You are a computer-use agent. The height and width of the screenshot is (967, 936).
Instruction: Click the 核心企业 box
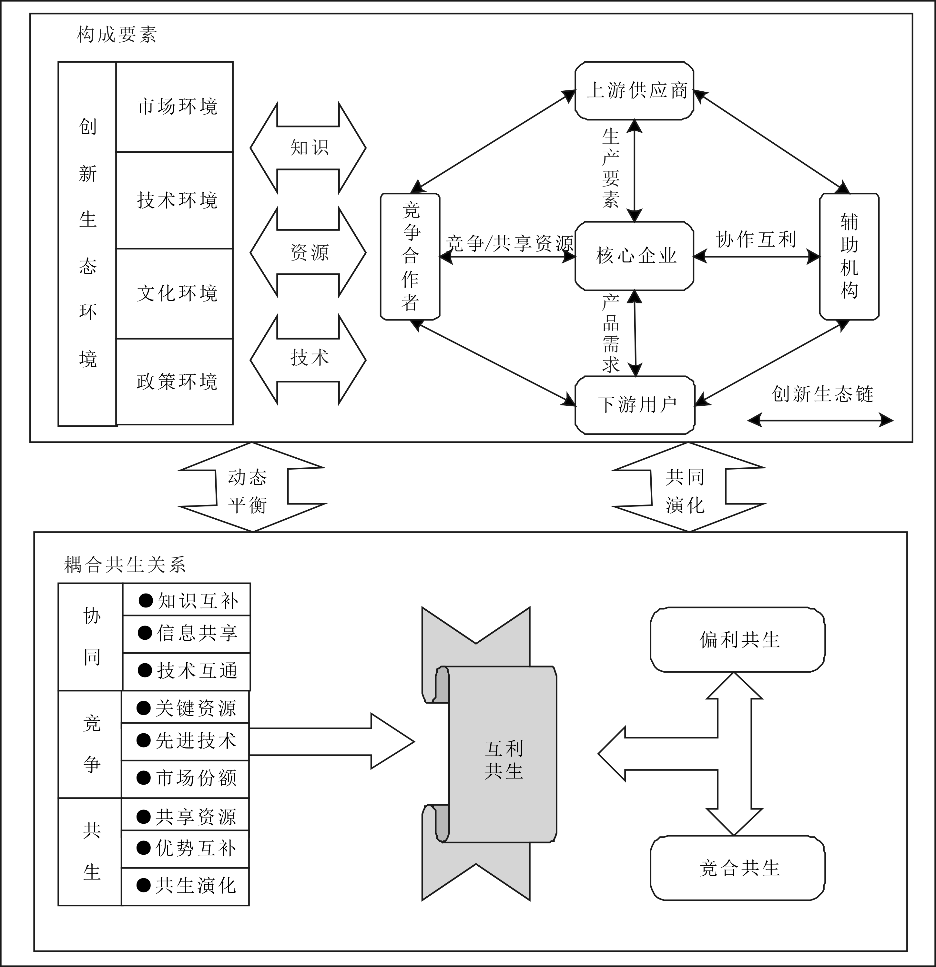click(x=635, y=256)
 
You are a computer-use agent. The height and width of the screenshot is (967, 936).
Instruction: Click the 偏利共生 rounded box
click(x=737, y=640)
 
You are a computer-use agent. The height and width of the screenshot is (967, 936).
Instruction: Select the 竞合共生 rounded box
click(x=737, y=868)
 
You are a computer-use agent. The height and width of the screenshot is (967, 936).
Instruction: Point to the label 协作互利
click(x=756, y=239)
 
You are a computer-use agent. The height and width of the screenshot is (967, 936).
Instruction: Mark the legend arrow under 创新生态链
click(x=820, y=420)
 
